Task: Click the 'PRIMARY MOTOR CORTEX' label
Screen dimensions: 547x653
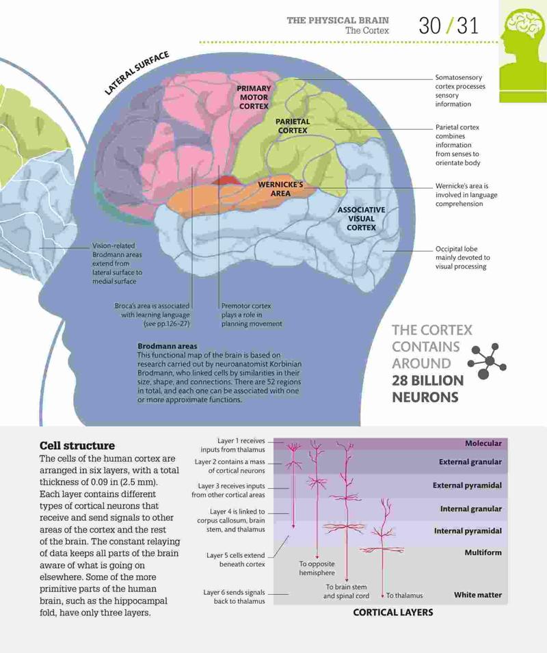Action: point(254,98)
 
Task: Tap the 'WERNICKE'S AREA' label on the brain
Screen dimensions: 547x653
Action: point(280,189)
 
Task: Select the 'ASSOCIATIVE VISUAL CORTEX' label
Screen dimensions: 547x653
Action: point(361,219)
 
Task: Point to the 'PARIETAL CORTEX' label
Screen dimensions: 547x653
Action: point(293,126)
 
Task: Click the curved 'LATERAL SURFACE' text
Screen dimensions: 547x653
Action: point(137,73)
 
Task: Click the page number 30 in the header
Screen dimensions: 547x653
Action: point(429,25)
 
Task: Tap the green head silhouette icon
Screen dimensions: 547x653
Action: point(523,50)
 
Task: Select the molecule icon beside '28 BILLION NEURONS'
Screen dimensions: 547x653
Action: point(487,361)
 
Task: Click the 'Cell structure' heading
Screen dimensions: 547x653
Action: point(77,446)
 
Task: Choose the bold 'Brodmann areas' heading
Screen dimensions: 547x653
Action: point(168,346)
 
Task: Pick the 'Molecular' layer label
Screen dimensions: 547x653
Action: point(483,444)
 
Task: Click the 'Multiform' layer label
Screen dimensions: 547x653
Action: point(483,552)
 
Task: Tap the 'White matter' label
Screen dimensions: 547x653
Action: point(478,595)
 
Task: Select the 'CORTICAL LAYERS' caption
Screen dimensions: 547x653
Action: point(393,612)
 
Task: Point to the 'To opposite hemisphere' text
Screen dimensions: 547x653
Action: point(317,568)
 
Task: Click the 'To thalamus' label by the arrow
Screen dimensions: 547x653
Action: point(404,596)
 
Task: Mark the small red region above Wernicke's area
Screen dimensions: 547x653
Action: point(225,180)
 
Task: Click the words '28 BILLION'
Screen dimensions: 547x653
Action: point(427,381)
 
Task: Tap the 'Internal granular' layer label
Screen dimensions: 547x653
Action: point(471,509)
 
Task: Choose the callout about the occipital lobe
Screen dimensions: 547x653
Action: point(462,258)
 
